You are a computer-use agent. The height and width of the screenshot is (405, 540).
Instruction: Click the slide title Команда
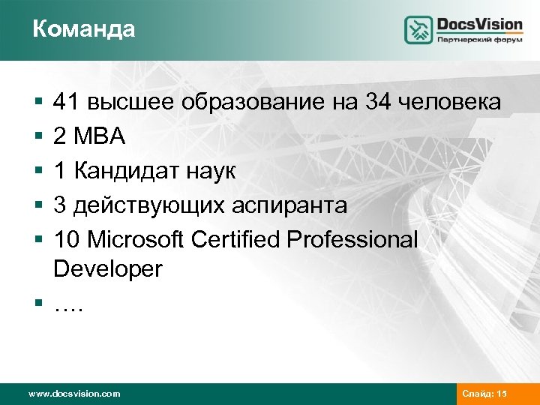(84, 29)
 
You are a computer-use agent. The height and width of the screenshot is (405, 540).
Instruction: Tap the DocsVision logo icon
(419, 30)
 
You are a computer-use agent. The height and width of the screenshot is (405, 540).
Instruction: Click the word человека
(452, 102)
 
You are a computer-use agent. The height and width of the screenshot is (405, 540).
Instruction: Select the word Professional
(353, 239)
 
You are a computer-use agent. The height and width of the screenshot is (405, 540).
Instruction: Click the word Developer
(107, 268)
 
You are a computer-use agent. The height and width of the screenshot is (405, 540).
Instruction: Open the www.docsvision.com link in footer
(73, 394)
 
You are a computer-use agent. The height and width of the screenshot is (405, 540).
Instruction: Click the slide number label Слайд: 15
(485, 394)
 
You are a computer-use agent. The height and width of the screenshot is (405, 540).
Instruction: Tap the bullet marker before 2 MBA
(37, 137)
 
